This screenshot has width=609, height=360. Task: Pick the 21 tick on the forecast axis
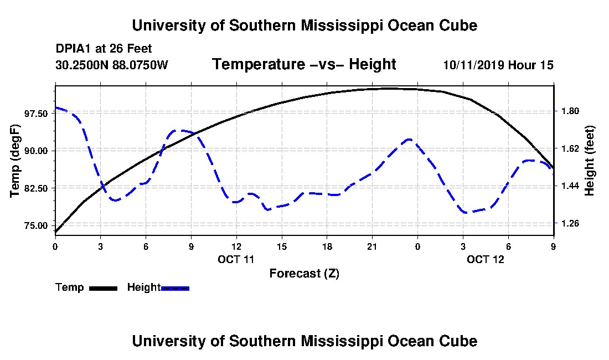pos(372,246)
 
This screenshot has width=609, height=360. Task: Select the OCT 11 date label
pos(236,259)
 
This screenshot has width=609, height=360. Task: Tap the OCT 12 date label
pos(486,259)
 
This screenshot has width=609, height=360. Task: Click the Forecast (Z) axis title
pos(304,274)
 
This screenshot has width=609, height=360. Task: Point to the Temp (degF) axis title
pos(16,161)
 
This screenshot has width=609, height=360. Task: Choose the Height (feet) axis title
pos(590,161)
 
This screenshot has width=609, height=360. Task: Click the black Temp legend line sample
pos(102,288)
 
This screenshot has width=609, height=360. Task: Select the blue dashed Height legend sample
pos(175,288)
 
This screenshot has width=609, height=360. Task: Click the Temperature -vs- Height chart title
pos(304,65)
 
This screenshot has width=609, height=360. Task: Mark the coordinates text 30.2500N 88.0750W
pos(111,65)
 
